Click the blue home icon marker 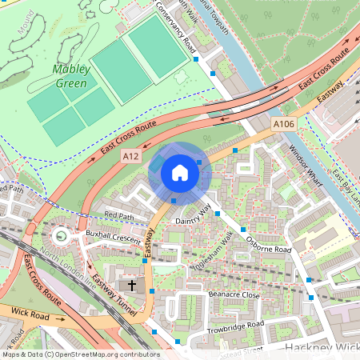180,173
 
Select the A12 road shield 131,159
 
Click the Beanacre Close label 234,295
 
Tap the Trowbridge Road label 234,328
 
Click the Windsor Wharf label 304,164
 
